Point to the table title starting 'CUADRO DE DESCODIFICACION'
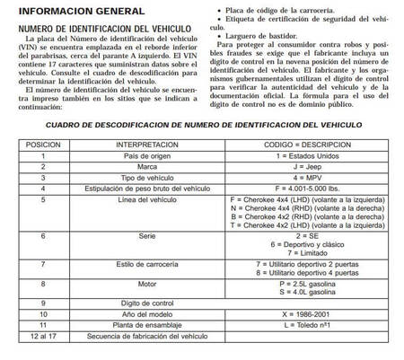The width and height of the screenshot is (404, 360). tap(202, 127)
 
